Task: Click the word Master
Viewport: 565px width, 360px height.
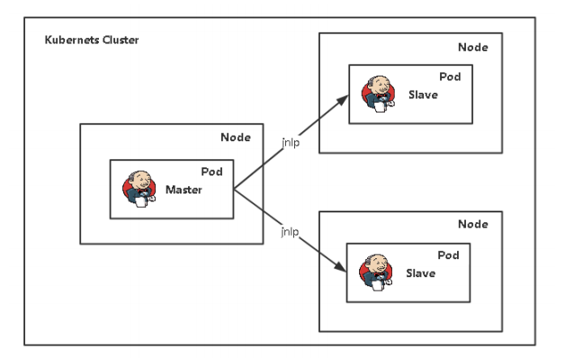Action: [184, 190]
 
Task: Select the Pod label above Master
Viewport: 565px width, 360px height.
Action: [211, 172]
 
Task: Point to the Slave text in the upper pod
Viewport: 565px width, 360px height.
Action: [422, 94]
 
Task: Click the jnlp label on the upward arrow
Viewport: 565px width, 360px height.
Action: [290, 141]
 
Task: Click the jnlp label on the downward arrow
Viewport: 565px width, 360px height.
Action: [290, 232]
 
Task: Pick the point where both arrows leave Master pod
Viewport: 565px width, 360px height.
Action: [233, 188]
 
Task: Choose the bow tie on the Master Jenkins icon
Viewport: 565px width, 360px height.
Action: [139, 193]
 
